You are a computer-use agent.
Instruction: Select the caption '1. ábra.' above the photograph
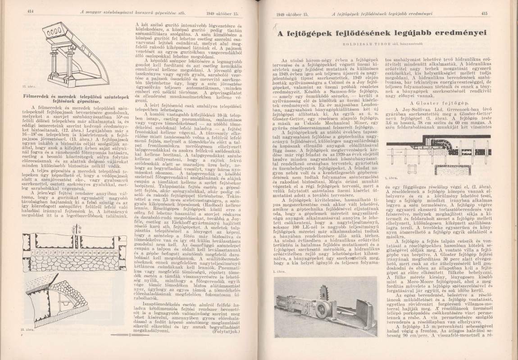click(279, 271)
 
